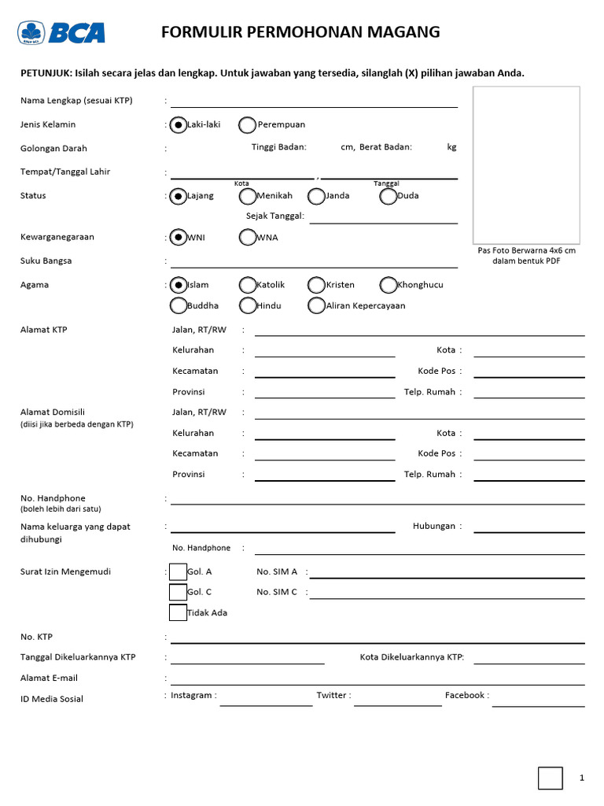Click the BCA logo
(61, 32)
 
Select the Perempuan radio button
(247, 124)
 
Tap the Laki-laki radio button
(179, 124)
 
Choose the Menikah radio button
(247, 196)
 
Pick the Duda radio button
(388, 196)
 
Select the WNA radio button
(247, 237)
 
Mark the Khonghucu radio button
(388, 285)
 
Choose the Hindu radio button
(247, 305)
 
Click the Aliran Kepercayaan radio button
(316, 305)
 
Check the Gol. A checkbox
(179, 572)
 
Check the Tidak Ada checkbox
(179, 612)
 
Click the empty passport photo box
(526, 165)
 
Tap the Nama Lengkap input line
(315, 102)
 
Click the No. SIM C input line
(447, 594)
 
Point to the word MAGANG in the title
(402, 32)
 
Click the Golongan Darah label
(53, 148)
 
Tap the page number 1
(581, 778)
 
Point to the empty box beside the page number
(551, 778)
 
